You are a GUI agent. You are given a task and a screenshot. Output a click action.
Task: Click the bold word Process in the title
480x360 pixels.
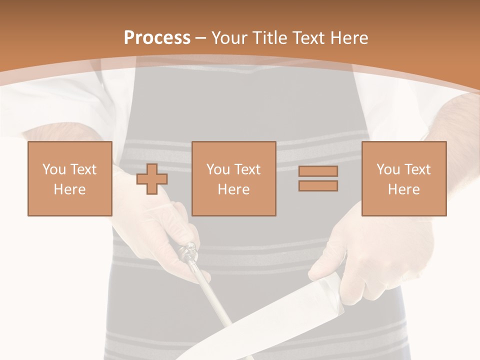coord(157,38)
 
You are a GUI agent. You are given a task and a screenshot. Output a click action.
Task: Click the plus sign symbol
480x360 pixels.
coord(152,179)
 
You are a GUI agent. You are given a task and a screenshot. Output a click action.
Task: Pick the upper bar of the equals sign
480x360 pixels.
coord(318,171)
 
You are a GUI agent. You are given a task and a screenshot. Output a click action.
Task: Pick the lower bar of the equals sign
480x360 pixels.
coord(318,186)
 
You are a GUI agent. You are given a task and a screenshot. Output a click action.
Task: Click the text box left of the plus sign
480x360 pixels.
coord(70,178)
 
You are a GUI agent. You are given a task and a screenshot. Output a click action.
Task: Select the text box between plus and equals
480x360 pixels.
coord(234,178)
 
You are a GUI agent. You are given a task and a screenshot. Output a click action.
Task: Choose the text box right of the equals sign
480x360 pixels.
coord(404,178)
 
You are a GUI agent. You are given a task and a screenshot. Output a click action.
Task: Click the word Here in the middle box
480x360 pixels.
coord(234,189)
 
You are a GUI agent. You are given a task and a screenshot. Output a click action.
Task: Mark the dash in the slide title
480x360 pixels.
coord(201,38)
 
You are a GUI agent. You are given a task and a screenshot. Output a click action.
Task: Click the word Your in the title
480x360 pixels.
coord(228,38)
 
